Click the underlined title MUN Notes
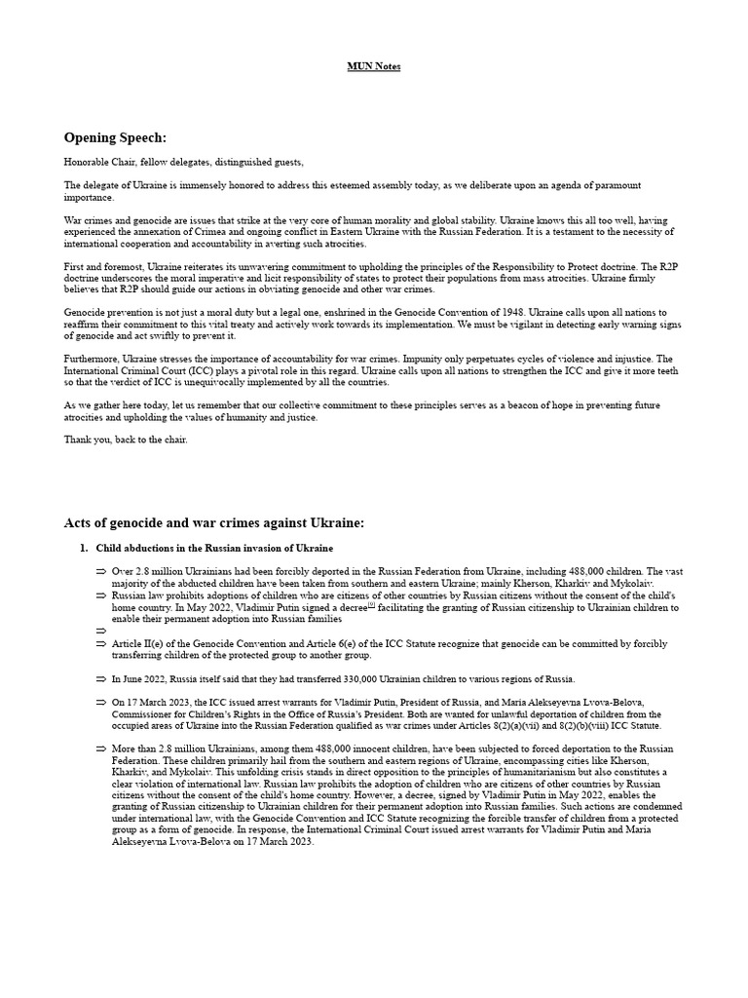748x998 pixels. coord(374,66)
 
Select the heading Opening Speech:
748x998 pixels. coord(115,137)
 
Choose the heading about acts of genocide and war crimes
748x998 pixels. coord(214,523)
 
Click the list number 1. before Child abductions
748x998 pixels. coord(85,548)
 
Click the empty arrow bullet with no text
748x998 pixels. coord(101,631)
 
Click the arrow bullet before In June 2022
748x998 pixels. coord(101,678)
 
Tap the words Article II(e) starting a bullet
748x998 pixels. coord(138,643)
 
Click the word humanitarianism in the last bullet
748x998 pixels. coord(505,772)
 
